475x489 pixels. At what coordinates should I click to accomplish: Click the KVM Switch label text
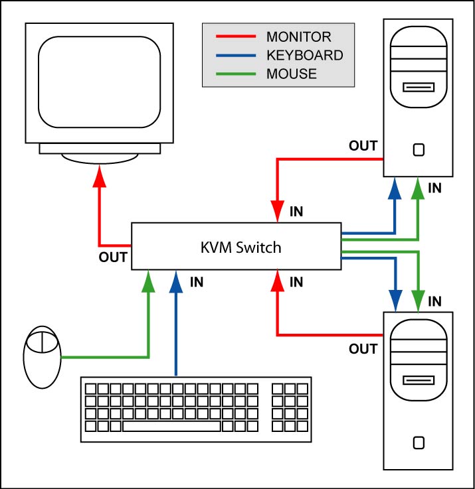[241, 247]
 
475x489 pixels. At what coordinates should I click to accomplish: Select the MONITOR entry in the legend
[298, 36]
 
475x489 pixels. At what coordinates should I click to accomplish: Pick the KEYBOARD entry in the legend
[304, 55]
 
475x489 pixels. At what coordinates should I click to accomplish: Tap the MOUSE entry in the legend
[292, 74]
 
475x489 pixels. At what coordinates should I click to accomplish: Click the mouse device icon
[42, 357]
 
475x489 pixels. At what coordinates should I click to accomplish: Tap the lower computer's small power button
[418, 442]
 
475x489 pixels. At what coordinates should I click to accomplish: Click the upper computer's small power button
[418, 149]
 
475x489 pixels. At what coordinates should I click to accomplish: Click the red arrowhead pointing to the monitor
[100, 175]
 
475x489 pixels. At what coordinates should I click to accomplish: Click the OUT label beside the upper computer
[363, 146]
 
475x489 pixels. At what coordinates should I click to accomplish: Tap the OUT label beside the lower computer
[363, 349]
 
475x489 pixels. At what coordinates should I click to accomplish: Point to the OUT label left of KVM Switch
[113, 257]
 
